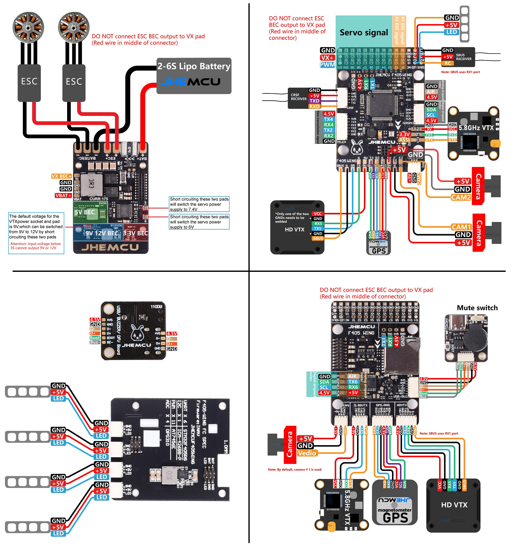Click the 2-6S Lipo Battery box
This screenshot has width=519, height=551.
coord(194,75)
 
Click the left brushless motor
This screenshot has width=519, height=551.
coord(28,27)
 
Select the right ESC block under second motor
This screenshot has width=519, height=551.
coord(74,82)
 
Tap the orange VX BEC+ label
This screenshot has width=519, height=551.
coord(62,176)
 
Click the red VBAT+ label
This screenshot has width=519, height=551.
coord(63,195)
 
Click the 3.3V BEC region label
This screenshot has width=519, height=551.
coord(135,233)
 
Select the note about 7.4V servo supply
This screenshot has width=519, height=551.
coord(199,204)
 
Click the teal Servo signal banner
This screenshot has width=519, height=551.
coord(364,33)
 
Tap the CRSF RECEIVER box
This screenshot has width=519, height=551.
coord(298,98)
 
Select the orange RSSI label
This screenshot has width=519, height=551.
coord(404,140)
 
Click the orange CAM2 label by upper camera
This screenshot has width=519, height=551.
coord(461,197)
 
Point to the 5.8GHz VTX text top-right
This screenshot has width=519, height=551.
coord(476,128)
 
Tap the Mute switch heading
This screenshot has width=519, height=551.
coord(477,307)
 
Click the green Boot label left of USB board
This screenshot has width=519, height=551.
coord(95,338)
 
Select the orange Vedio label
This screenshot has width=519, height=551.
coord(307,453)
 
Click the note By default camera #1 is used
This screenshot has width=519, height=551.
coord(294,469)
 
